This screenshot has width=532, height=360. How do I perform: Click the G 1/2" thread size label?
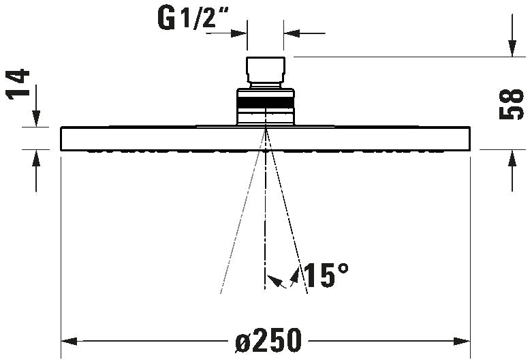click(x=193, y=18)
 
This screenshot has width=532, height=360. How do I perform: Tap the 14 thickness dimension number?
click(x=18, y=84)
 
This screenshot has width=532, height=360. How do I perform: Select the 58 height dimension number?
click(x=512, y=104)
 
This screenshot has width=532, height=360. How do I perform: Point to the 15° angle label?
click(x=326, y=275)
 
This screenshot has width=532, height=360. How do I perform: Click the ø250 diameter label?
click(x=268, y=340)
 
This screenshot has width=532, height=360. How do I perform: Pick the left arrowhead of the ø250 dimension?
click(x=69, y=341)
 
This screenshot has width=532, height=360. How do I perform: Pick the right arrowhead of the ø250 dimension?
click(x=462, y=341)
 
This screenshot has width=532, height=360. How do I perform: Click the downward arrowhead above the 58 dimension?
click(x=512, y=48)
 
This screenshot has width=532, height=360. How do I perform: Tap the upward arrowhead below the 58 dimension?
click(x=512, y=158)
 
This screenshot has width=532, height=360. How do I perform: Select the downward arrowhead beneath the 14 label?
click(x=36, y=119)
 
